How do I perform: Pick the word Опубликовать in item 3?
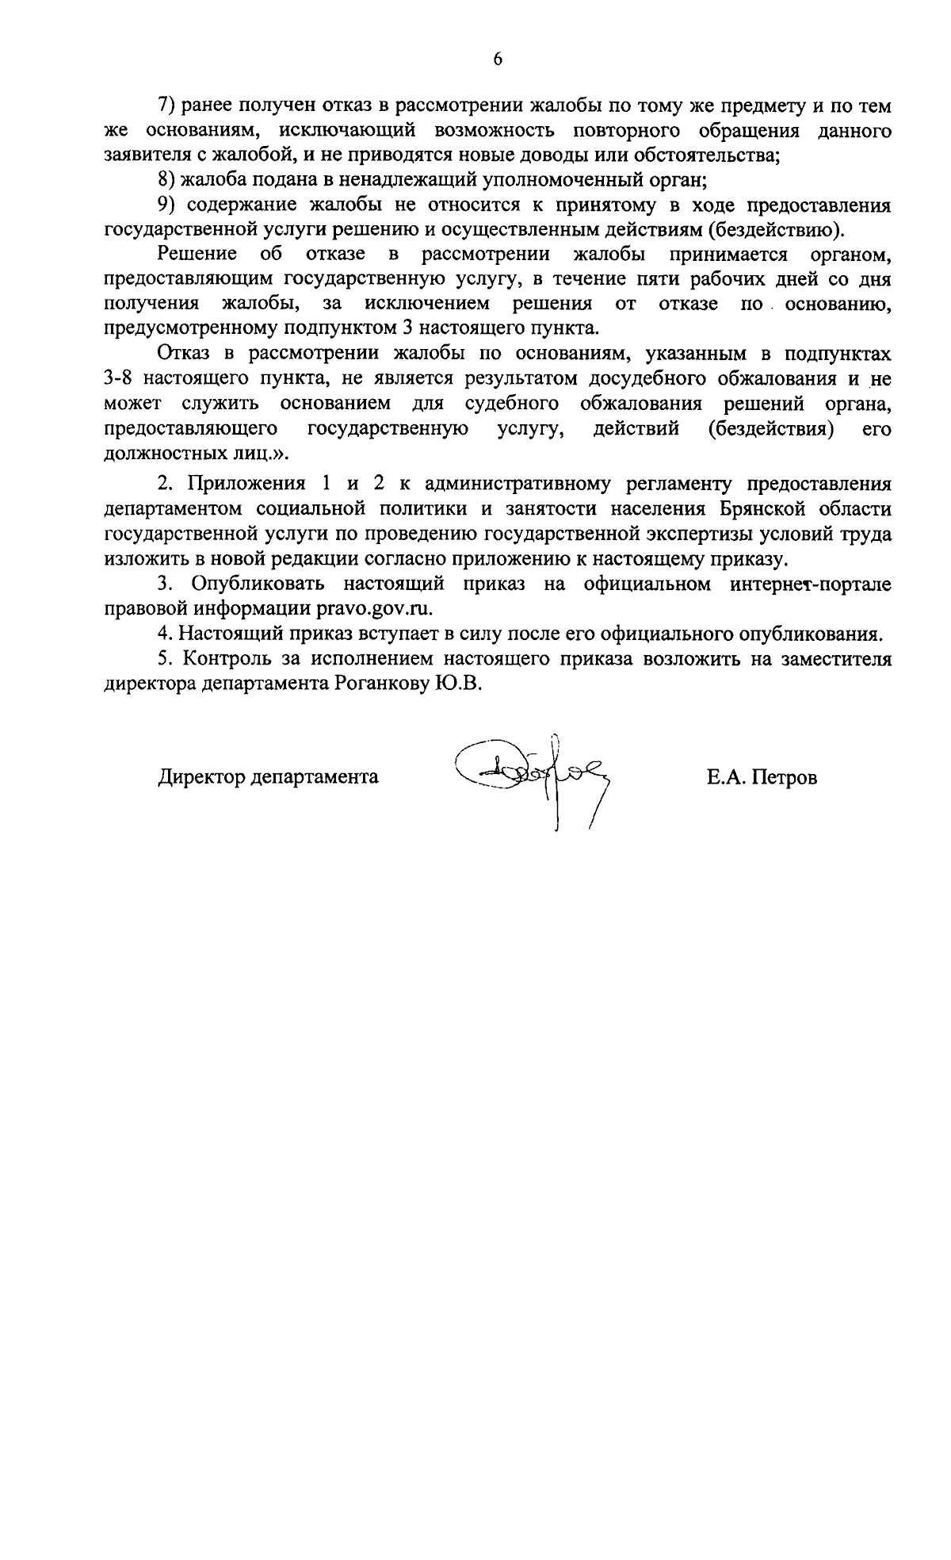pyautogui.click(x=258, y=584)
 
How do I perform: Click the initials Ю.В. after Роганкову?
pyautogui.click(x=459, y=684)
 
